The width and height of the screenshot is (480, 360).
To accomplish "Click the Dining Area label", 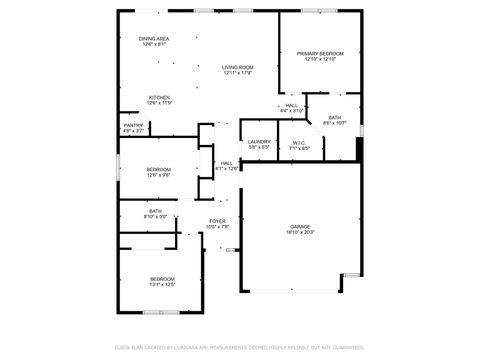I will [x=154, y=39].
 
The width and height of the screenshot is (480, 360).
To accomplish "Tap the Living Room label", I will [x=237, y=67].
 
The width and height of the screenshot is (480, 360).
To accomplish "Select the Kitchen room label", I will [x=159, y=97].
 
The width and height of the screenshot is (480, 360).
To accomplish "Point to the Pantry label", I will [x=134, y=125].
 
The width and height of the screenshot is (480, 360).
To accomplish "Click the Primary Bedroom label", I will [x=320, y=53].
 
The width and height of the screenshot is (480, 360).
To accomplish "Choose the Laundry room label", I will [x=259, y=142].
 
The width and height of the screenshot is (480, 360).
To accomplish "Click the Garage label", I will [x=300, y=226].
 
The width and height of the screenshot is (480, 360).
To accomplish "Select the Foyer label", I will [x=217, y=221].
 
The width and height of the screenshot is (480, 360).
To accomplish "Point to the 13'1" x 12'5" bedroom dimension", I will [x=162, y=285].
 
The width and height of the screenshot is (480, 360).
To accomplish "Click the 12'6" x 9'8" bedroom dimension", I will [x=158, y=176].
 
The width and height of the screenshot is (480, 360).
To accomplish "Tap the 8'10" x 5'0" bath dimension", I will [x=156, y=216].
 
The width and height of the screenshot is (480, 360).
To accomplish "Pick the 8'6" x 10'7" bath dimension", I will [x=334, y=123].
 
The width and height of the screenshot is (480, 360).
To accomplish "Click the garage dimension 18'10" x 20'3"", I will [x=300, y=232].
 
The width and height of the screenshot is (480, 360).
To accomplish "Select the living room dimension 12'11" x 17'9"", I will [x=237, y=73].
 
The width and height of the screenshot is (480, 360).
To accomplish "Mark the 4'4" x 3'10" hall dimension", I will [x=291, y=111].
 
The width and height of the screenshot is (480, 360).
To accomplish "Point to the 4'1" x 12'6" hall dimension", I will [x=227, y=169].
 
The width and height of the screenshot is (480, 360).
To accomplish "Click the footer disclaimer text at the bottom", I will [x=240, y=348].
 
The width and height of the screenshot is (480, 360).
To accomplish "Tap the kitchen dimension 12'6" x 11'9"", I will [x=159, y=103].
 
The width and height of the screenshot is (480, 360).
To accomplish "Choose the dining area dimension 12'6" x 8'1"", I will [x=154, y=45].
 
